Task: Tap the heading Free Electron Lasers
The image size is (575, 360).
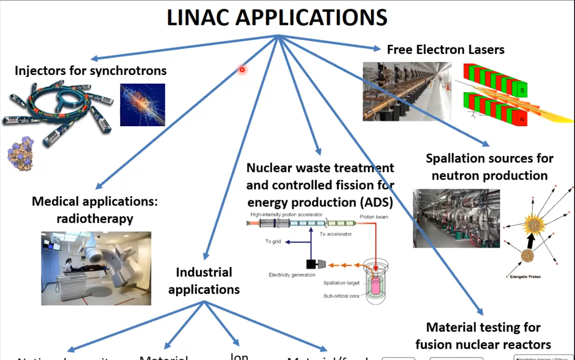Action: [445, 49]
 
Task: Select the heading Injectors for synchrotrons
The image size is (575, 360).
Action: [91, 71]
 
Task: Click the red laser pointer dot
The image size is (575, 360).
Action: [241, 70]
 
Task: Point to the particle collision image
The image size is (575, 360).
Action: [142, 105]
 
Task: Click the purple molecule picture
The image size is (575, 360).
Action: [20, 154]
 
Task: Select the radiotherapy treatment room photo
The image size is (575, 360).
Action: [96, 268]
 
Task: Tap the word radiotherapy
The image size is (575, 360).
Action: [94, 219]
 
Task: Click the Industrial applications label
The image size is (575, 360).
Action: [204, 281]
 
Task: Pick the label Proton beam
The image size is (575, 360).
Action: [374, 217]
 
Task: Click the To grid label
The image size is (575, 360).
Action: [273, 242]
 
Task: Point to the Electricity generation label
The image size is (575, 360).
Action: [292, 275]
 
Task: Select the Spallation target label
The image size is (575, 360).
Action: [341, 283]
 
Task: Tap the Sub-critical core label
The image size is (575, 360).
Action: [341, 296]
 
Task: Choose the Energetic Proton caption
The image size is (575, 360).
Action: [524, 277]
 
